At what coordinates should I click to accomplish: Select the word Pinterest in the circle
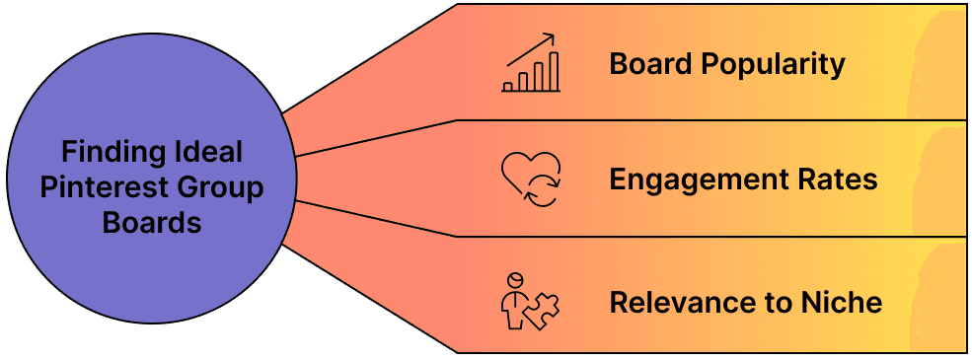(x=106, y=187)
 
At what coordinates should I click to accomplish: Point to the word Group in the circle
(x=222, y=188)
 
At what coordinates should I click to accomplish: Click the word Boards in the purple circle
(x=152, y=222)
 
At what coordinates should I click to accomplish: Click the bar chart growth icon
(x=531, y=62)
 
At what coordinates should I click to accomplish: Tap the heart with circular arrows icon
(x=531, y=180)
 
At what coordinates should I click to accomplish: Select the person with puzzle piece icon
(x=530, y=301)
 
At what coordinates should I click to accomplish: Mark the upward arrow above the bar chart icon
(x=530, y=49)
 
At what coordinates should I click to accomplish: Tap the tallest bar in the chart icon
(x=554, y=71)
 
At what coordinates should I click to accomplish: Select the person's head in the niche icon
(x=513, y=280)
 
